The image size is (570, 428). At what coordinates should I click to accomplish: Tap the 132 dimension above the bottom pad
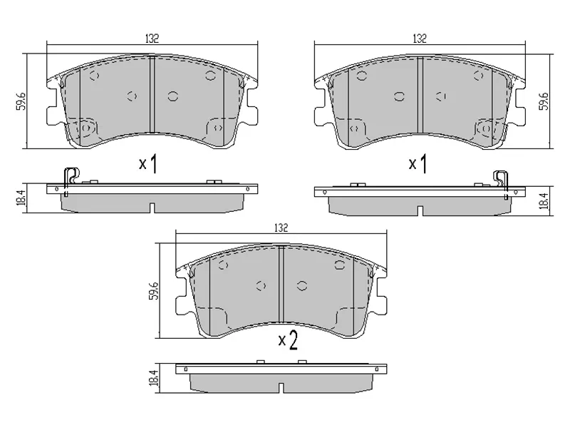coord(281,228)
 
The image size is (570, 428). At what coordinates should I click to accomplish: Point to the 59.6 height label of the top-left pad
coord(22,101)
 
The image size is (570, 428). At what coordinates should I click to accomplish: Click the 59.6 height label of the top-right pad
coord(544,101)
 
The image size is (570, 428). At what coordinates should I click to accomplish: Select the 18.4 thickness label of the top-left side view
coord(22,198)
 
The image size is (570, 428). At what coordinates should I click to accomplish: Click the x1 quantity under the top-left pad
coord(147,164)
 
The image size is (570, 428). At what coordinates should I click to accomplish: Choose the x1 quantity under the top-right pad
coord(417,164)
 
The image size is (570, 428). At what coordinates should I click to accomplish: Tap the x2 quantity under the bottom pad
coord(286,341)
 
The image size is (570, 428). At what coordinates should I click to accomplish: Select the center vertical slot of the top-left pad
coord(153,94)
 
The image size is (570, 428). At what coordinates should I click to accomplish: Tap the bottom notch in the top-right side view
coord(420,210)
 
